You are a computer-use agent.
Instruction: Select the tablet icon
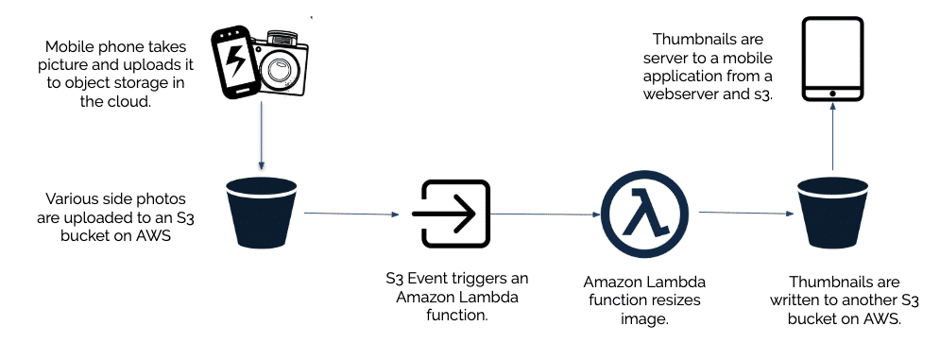[831, 58]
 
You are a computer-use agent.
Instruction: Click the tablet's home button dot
[831, 93]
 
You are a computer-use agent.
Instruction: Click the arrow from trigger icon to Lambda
[543, 214]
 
